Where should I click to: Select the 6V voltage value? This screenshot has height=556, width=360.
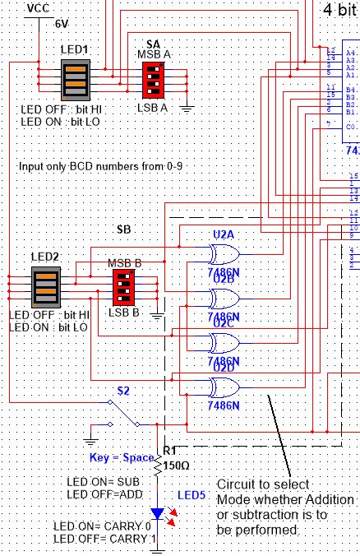tap(62, 24)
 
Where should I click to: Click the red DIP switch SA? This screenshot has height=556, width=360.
tap(153, 81)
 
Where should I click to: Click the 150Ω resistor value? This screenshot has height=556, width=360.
tap(178, 465)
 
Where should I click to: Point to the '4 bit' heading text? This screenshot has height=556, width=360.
tap(339, 10)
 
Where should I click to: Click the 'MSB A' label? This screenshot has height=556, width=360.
tap(153, 53)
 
